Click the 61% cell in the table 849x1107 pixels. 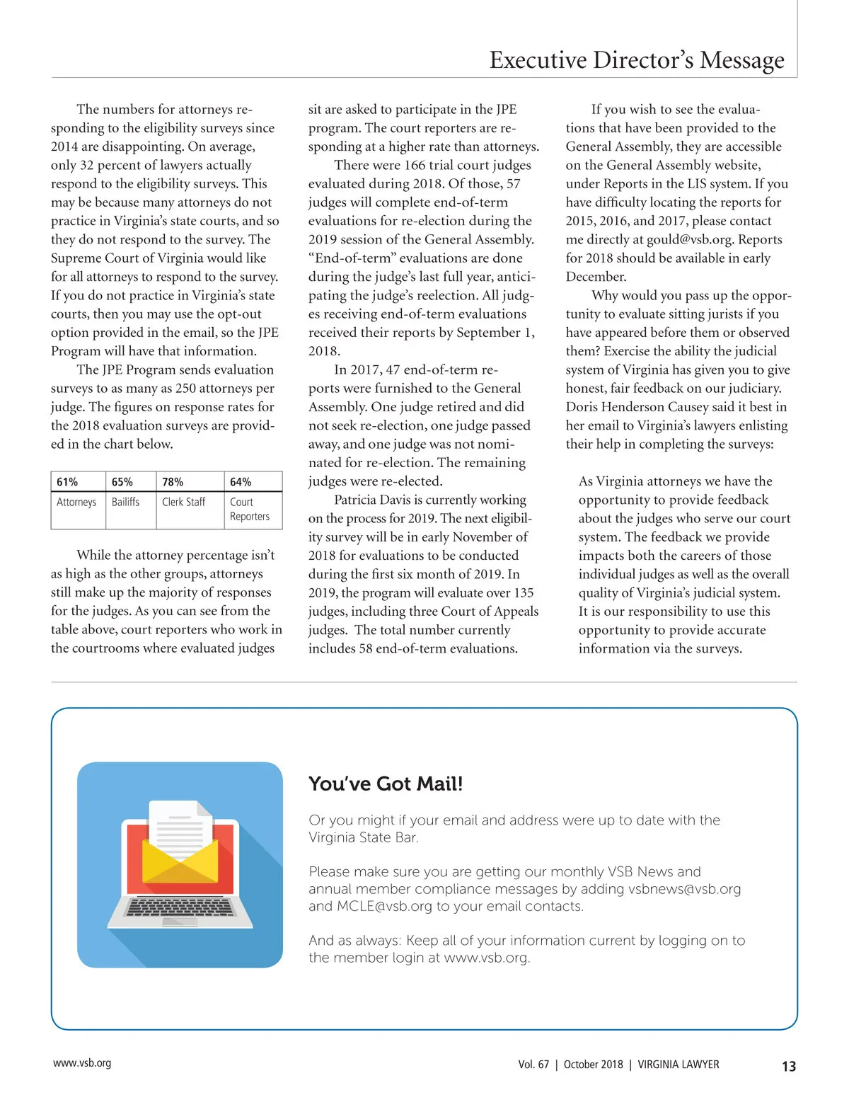pos(67,482)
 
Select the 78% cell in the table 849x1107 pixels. pos(173,482)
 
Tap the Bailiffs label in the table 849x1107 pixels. pos(125,502)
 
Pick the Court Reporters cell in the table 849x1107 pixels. pos(250,509)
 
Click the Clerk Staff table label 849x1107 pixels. pos(183,502)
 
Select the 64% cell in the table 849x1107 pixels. pos(241,482)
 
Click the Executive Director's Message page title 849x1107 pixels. pos(636,60)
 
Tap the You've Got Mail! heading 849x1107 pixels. pos(386,784)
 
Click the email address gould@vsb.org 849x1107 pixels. pos(689,239)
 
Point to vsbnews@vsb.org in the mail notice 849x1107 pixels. pos(684,889)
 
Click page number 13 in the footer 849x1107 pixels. pos(789,1066)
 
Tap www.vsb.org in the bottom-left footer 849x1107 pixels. pos(82,1063)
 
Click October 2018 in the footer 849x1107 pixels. pos(593,1065)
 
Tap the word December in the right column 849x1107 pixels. pos(596,277)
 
